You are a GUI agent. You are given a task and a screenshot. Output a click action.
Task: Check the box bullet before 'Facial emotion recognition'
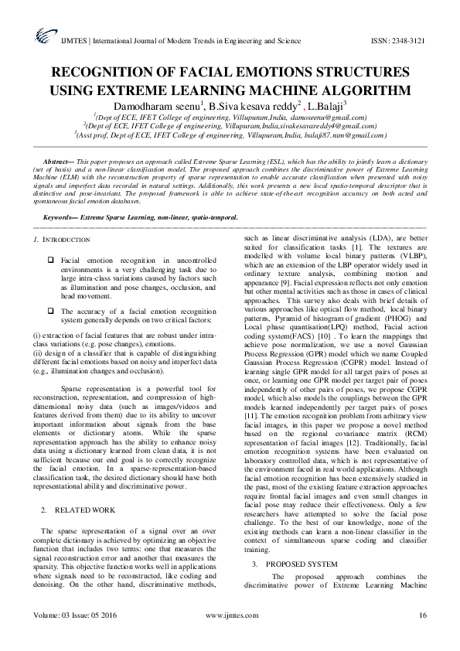point(50,261)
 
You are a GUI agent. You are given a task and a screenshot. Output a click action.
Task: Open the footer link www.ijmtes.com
point(233,615)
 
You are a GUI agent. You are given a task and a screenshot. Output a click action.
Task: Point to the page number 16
point(423,615)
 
